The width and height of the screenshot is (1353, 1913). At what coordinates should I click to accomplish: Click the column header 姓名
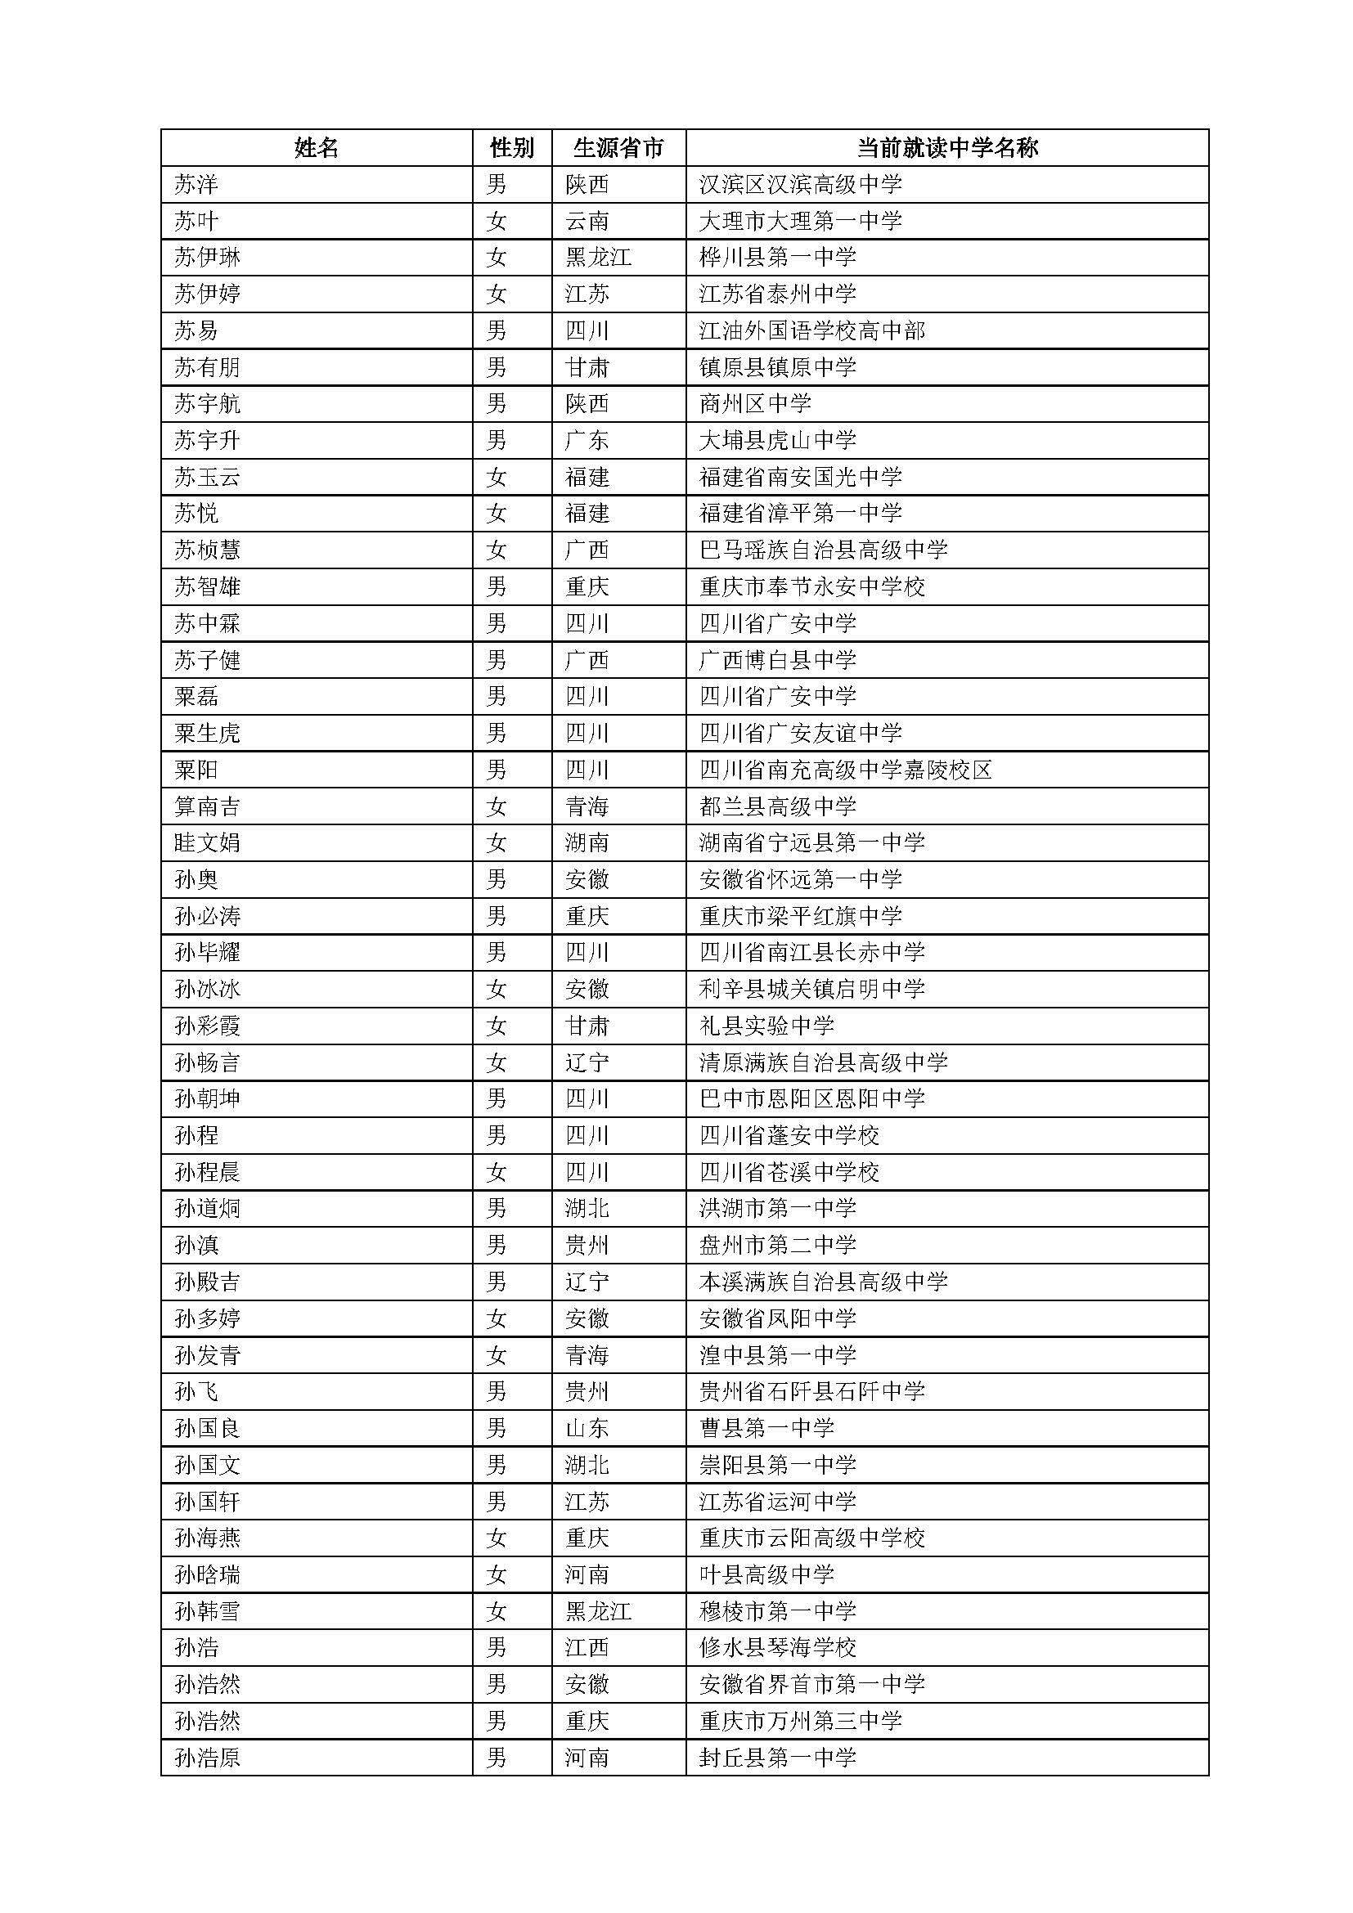click(317, 148)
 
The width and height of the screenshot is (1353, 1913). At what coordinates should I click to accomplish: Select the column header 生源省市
click(618, 148)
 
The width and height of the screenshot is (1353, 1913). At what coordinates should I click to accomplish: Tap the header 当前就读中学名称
click(947, 148)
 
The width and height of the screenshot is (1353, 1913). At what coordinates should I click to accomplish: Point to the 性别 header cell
click(511, 148)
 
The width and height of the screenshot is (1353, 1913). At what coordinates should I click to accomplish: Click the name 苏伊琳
click(208, 258)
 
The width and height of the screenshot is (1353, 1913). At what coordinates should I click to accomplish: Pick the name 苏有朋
click(208, 367)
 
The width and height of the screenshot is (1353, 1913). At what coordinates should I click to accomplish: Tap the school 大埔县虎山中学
click(777, 440)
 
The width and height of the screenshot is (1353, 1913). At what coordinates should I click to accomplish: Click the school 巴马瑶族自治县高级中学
click(823, 550)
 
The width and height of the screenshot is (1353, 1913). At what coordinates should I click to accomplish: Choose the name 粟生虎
click(208, 733)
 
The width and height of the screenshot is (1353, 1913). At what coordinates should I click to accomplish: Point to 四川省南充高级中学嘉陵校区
click(846, 770)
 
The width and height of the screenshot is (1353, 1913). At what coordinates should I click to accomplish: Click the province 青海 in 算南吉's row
click(587, 806)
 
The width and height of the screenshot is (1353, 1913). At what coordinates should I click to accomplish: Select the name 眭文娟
click(208, 843)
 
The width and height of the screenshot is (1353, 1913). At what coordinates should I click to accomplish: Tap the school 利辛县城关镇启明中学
click(812, 989)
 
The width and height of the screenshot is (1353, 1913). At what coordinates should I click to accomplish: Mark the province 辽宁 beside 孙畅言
click(587, 1062)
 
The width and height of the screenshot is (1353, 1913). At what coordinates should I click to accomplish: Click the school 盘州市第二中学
click(777, 1245)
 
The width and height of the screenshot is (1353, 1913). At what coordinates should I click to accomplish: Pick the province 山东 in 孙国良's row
click(587, 1428)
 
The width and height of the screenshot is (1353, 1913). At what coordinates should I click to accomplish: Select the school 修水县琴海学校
click(777, 1648)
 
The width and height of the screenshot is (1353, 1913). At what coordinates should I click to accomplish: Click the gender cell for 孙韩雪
click(497, 1611)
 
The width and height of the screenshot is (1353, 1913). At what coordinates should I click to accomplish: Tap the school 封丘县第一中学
click(777, 1758)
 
